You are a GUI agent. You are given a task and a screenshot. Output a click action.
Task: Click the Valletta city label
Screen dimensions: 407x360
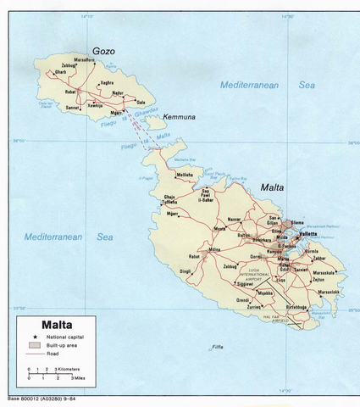pyautogui.click(x=307, y=234)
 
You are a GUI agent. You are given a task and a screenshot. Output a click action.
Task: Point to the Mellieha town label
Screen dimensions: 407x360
pyautogui.click(x=184, y=176)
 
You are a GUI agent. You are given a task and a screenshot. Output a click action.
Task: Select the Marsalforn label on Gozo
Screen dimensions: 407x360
pyautogui.click(x=84, y=59)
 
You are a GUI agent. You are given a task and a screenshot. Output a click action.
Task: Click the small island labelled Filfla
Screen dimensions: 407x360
pyautogui.click(x=218, y=348)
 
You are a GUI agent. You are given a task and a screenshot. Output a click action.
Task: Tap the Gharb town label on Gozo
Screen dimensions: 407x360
pyautogui.click(x=60, y=72)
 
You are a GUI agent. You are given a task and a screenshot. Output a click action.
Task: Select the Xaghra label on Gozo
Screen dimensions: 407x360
pyautogui.click(x=107, y=82)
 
